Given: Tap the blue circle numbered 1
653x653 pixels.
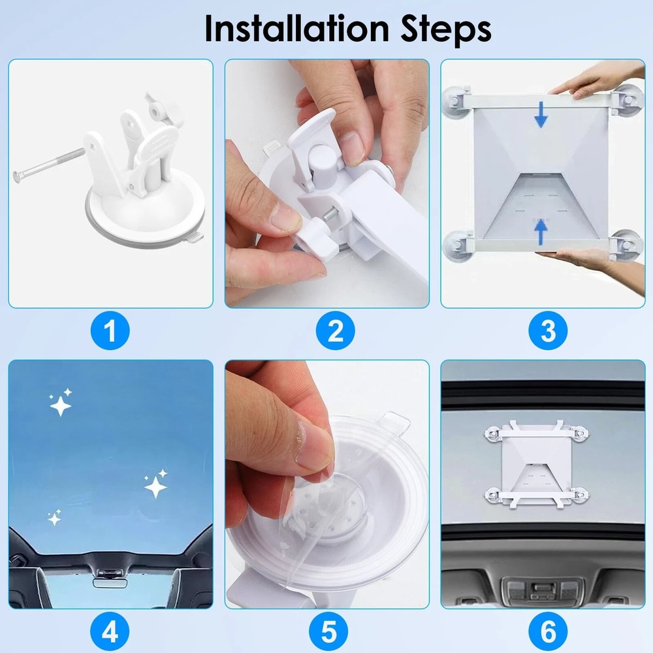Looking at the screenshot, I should [110, 332].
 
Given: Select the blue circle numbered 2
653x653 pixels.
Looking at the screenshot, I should [335, 332].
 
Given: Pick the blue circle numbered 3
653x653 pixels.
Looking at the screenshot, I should [549, 332].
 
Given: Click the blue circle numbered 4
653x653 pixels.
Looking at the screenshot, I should [110, 632].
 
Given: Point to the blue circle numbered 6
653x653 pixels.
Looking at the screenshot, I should [549, 632].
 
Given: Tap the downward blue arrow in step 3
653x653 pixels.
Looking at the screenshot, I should [541, 115].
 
